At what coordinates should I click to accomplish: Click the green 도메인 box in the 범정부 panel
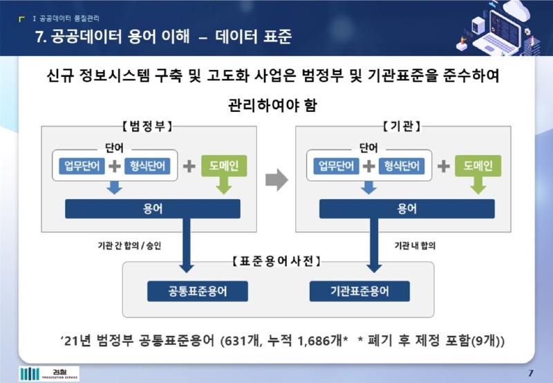point(223,166)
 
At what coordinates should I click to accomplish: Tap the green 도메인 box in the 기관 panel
point(478,166)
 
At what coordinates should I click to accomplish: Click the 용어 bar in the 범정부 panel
point(151,209)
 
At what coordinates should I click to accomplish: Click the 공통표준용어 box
point(188,292)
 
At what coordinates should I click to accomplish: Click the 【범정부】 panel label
point(141,126)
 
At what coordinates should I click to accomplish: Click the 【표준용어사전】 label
point(276,261)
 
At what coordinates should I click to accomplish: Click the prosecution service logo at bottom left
point(49,374)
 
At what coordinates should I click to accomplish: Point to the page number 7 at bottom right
point(530,373)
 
